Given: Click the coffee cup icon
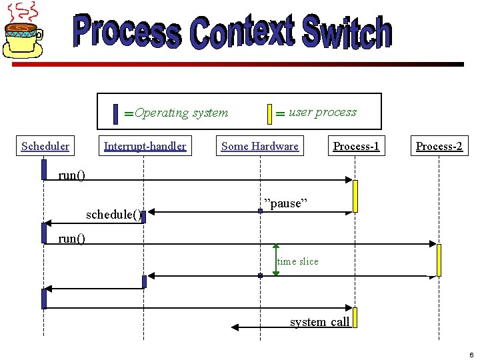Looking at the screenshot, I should (24, 31).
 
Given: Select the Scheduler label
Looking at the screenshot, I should (45, 146).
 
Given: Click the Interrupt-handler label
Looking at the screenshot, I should (145, 146).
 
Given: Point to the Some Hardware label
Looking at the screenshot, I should (260, 146).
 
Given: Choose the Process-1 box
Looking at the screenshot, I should (356, 146).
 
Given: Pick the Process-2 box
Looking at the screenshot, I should (439, 146).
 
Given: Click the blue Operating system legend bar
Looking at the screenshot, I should (116, 114).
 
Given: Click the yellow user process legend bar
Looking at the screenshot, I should (269, 114).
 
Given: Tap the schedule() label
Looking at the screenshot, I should (113, 215).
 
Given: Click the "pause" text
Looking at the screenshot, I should (285, 203).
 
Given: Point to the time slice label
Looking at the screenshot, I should (298, 261).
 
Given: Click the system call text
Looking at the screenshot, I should (319, 322).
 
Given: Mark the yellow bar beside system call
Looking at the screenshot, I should (356, 317).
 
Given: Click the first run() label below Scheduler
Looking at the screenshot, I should (72, 175).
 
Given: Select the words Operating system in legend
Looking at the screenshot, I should (181, 113).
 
